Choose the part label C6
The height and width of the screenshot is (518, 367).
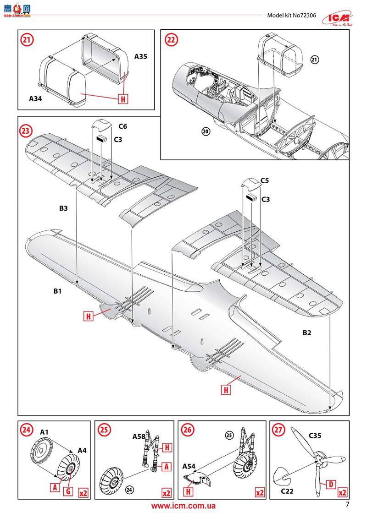pyautogui.click(x=122, y=125)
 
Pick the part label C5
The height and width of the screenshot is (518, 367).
pyautogui.click(x=264, y=180)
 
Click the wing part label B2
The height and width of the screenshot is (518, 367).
pyautogui.click(x=307, y=333)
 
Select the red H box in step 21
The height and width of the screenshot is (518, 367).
pyautogui.click(x=122, y=98)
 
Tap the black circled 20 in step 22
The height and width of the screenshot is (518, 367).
pyautogui.click(x=206, y=131)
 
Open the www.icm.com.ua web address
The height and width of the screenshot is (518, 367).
pyautogui.click(x=183, y=506)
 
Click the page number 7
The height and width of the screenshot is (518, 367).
pyautogui.click(x=347, y=505)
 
